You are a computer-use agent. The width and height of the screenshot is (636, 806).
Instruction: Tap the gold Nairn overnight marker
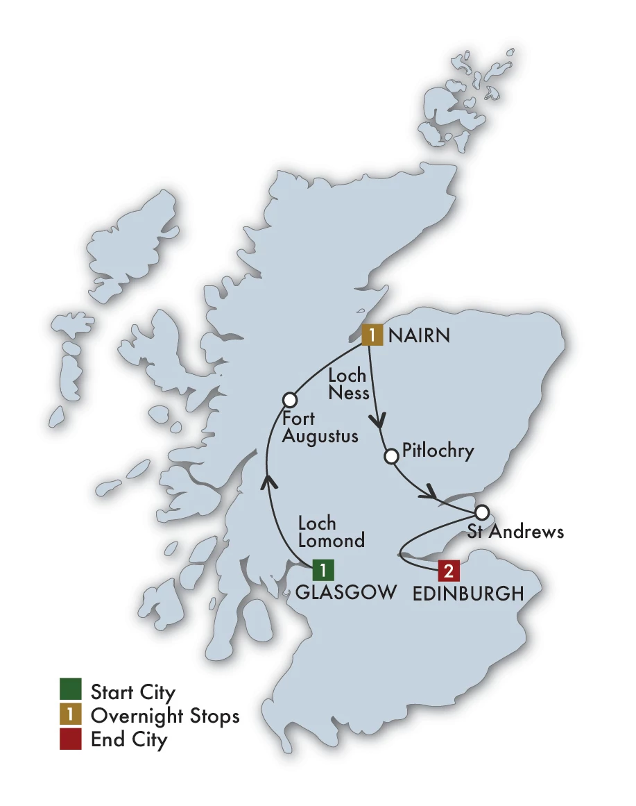pos(372,335)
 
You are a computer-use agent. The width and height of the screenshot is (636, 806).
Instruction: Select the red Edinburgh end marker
pos(448,572)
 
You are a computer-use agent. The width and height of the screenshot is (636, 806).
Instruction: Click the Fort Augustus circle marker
pos(290,400)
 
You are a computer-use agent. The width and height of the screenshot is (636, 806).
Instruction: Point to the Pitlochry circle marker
pos(391,456)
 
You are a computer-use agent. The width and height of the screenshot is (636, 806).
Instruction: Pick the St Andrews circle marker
pos(482,513)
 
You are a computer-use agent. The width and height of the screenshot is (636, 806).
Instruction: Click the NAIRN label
pos(420,336)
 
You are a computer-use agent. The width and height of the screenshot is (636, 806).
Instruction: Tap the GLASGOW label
pos(346,592)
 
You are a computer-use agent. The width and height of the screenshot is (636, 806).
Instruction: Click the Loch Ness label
pos(348,384)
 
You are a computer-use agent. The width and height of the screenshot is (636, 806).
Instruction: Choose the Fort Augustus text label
pos(319,428)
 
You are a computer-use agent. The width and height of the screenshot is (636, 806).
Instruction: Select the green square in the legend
pos(71,691)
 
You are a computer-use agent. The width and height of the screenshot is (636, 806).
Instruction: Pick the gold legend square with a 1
pos(71,715)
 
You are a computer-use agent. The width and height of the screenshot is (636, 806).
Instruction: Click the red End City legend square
pos(71,739)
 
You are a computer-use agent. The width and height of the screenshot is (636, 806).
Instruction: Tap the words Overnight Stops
pos(165,716)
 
